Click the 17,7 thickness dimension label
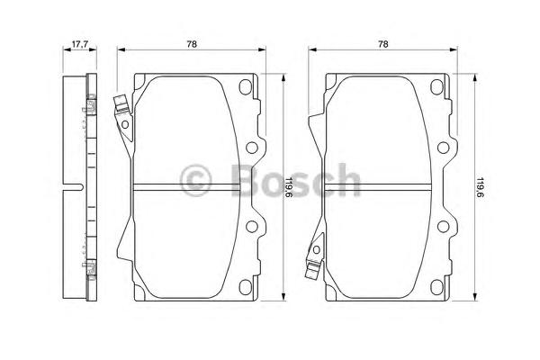(x=80, y=44)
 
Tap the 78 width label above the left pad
(x=192, y=44)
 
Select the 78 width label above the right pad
(x=383, y=44)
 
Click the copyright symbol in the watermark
(x=195, y=180)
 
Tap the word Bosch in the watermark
(x=296, y=180)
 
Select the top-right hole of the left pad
(x=245, y=86)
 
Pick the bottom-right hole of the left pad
(x=245, y=287)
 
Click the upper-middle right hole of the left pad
(x=252, y=148)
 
